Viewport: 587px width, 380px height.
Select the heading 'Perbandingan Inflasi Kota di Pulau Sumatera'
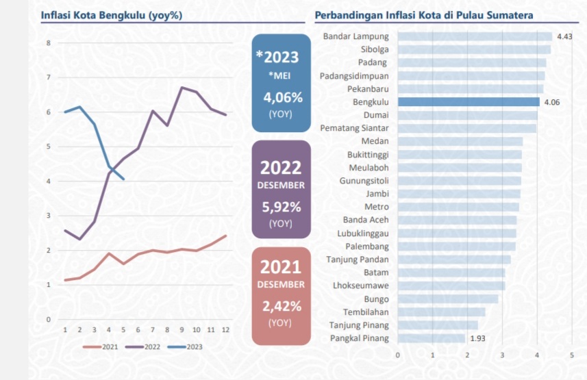[423, 15]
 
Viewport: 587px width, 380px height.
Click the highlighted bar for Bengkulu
[469, 102]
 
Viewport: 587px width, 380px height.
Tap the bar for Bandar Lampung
[475, 36]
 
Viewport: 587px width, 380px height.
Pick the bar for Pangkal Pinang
[432, 338]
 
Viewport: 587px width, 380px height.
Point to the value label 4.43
[564, 36]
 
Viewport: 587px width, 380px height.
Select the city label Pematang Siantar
[354, 128]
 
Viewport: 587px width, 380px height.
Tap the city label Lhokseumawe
[360, 286]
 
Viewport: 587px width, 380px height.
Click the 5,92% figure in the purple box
[281, 205]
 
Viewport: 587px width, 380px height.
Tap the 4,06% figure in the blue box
[282, 97]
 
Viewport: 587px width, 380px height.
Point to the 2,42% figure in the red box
[281, 305]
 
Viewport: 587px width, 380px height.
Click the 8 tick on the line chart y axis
[49, 43]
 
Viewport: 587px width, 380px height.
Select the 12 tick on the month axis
[225, 330]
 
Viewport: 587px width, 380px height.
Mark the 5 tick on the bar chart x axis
[571, 355]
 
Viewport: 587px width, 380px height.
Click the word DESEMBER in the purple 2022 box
[281, 185]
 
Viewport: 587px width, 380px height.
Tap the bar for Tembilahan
[441, 312]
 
